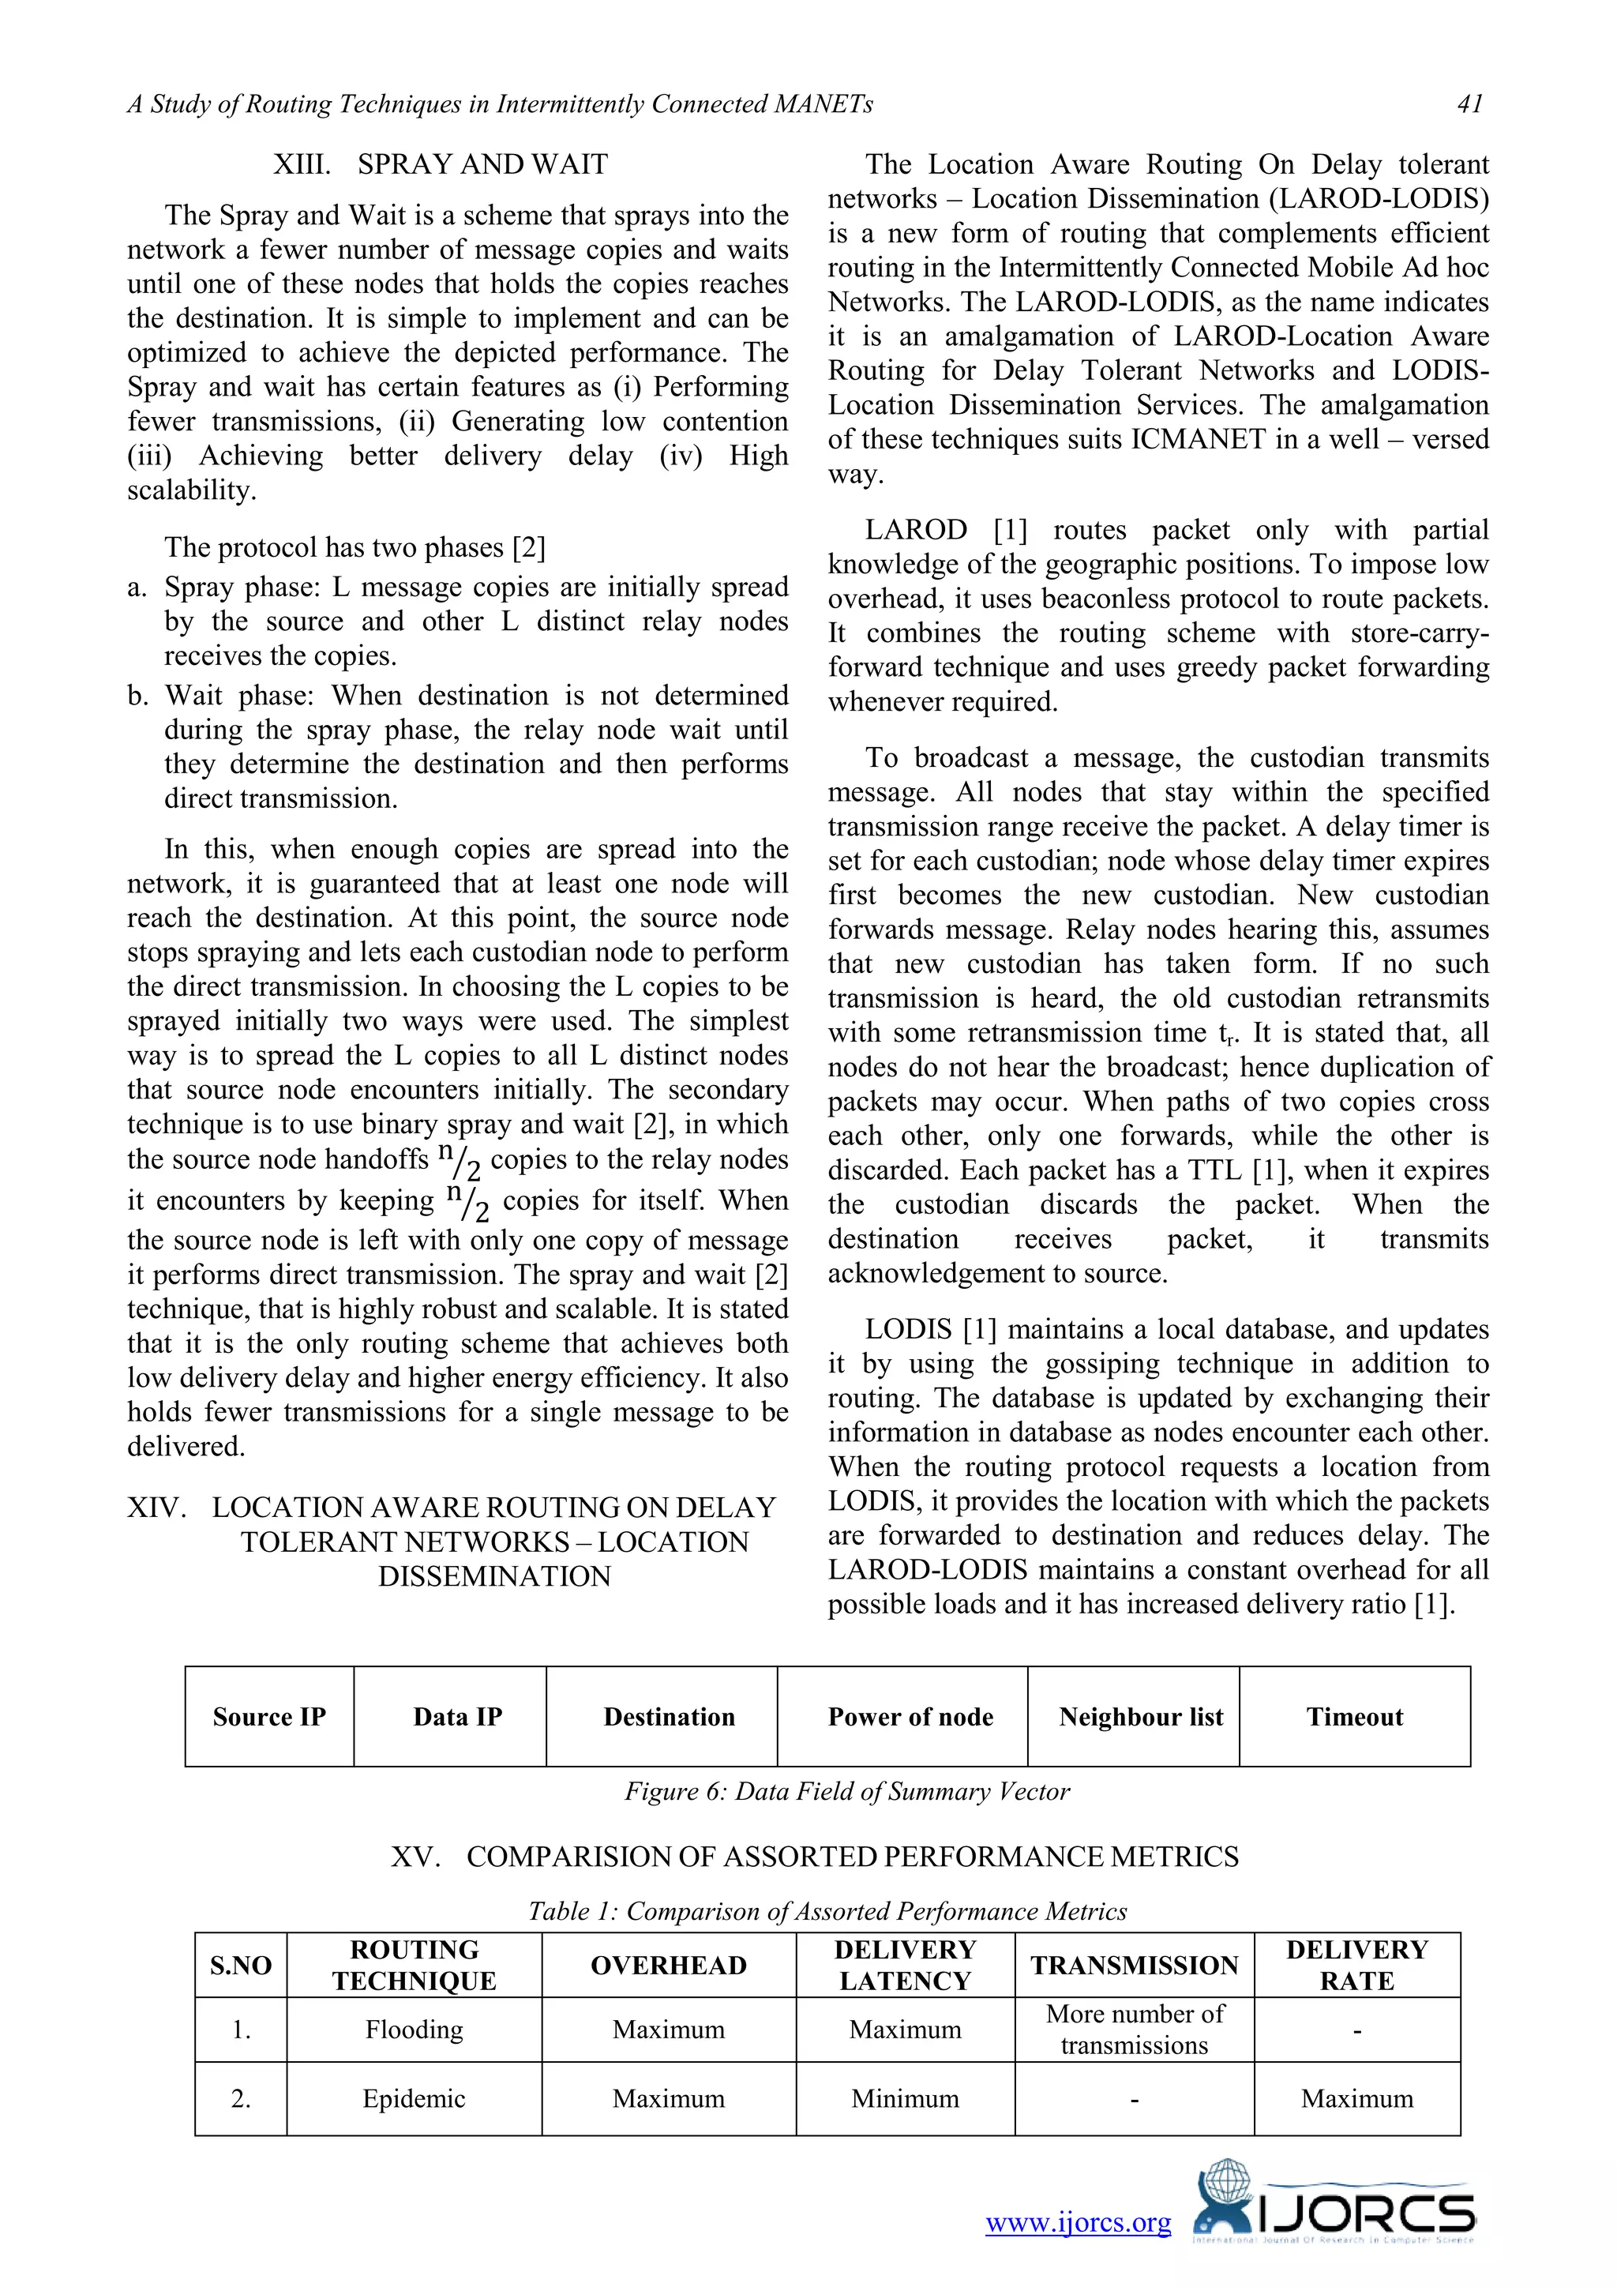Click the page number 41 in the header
tap(1469, 103)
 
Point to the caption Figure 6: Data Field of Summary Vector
tap(846, 1791)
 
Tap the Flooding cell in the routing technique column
tap(415, 2029)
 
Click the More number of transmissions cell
tap(1134, 2029)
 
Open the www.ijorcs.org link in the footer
tap(1079, 2222)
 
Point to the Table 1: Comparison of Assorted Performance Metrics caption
tap(827, 1910)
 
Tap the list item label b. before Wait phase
tap(138, 695)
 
